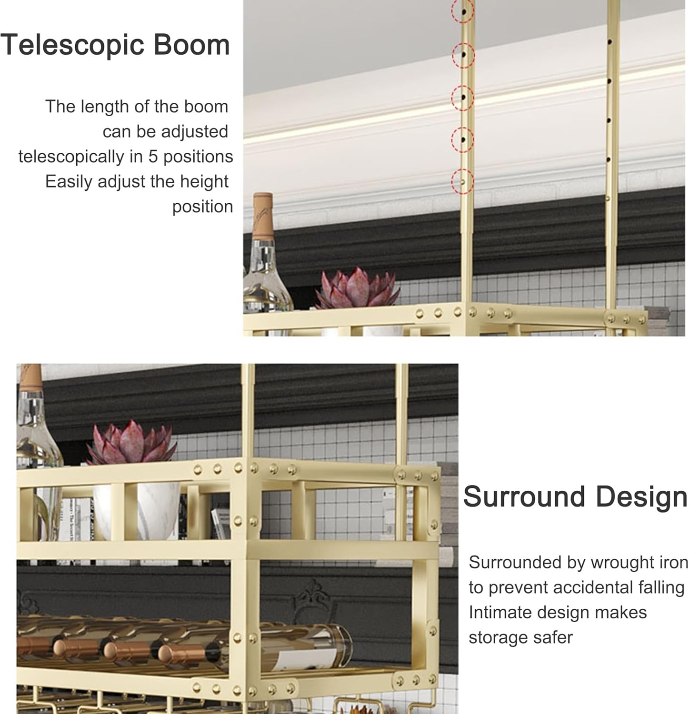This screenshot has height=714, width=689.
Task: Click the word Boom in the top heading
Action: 191,45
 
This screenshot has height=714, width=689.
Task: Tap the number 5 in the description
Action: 153,157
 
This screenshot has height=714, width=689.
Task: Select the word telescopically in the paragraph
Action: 71,157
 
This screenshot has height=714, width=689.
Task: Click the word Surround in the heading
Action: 524,497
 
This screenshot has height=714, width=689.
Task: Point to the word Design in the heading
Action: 641,497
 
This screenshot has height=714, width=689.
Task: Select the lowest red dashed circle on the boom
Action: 462,181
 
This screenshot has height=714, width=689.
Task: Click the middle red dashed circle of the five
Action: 462,97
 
